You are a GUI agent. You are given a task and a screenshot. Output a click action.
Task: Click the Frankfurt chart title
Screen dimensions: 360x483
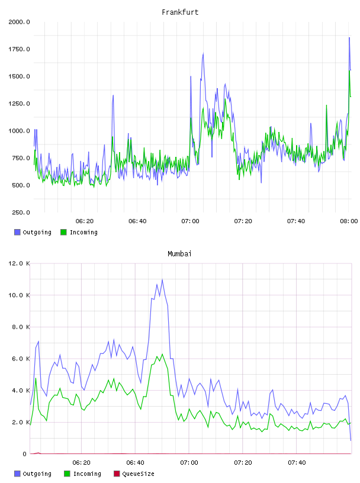click(x=180, y=12)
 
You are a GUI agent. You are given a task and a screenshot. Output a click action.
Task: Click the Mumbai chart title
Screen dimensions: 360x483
click(x=179, y=254)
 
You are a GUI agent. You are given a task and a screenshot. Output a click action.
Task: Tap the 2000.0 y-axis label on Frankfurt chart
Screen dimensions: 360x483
click(x=19, y=22)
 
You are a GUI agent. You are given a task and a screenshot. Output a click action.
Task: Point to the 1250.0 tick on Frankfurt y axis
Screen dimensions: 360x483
click(x=19, y=104)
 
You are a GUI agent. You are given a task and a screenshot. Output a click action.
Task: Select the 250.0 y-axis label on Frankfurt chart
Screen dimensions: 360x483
click(x=21, y=212)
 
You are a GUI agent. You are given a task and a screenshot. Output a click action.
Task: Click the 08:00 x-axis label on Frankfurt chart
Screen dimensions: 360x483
click(x=349, y=221)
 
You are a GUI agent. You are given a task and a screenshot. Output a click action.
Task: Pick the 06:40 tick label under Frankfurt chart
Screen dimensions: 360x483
click(x=137, y=221)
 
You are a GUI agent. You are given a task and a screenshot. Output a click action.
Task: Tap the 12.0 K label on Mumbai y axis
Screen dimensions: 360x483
click(x=19, y=263)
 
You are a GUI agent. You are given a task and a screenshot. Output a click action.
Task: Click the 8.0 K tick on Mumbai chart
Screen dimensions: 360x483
click(x=21, y=327)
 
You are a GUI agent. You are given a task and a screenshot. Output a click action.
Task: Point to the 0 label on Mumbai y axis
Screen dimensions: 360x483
click(x=25, y=454)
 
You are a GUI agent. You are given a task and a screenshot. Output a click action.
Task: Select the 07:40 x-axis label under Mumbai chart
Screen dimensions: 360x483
click(x=297, y=463)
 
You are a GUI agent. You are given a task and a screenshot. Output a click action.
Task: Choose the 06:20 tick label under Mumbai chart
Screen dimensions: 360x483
click(x=81, y=463)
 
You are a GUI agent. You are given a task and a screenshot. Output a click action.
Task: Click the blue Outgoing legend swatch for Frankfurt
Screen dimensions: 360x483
click(x=17, y=232)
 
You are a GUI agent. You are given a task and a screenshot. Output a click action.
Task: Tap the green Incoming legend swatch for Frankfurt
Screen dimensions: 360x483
click(x=63, y=232)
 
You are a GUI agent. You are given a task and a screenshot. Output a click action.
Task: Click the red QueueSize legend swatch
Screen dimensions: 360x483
click(x=117, y=474)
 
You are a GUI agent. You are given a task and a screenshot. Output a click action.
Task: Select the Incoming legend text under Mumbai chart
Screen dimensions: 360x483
click(x=87, y=474)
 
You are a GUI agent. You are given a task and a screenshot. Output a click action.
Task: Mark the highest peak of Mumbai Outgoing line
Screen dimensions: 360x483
click(x=162, y=280)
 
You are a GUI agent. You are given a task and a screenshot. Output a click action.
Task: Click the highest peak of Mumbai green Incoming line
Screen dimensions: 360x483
click(x=162, y=354)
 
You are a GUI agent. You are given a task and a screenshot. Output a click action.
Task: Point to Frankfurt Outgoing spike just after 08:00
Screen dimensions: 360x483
click(x=349, y=37)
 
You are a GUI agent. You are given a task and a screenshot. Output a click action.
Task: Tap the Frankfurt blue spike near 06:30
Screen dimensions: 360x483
click(x=113, y=95)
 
